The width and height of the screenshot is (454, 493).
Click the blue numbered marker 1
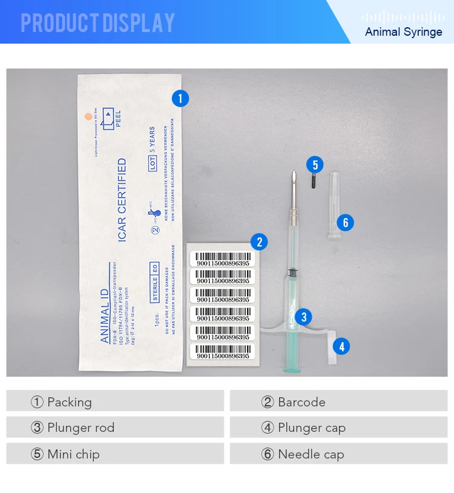tap(180, 98)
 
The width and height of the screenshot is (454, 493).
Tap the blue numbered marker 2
tap(259, 242)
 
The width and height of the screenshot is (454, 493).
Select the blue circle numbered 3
tap(304, 316)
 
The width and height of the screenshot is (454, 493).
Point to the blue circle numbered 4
tap(342, 346)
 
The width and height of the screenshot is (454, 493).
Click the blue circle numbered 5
tap(315, 164)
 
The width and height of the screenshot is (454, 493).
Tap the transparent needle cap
tap(335, 203)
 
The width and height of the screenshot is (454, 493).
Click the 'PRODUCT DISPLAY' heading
tap(97, 23)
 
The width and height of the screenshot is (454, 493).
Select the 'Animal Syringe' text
tap(403, 31)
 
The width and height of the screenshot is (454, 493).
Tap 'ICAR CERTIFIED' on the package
tap(122, 200)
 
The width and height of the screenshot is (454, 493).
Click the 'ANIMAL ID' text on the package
tap(105, 303)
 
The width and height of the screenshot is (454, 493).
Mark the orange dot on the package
tap(88, 114)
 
